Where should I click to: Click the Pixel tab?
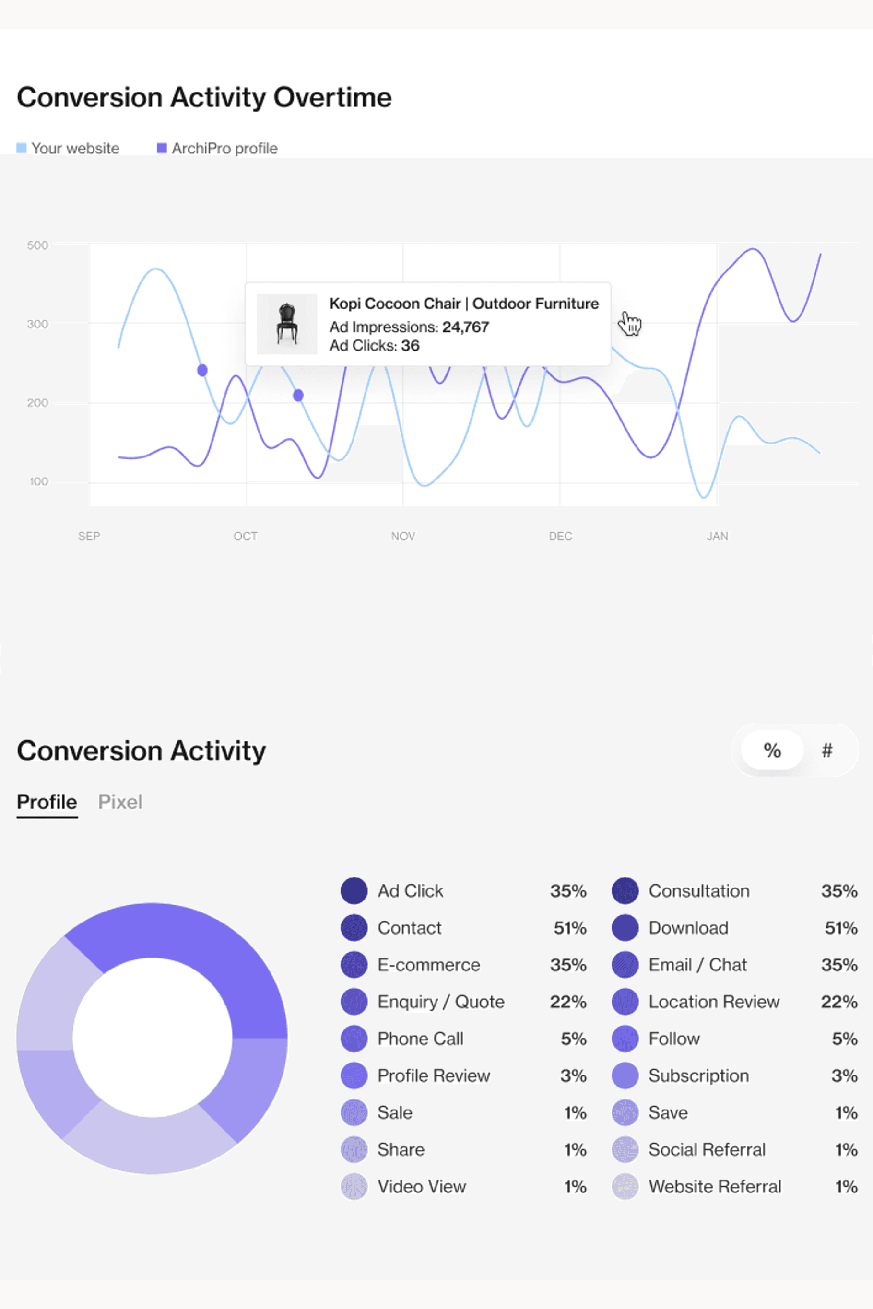click(x=120, y=802)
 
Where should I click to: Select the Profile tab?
click(x=47, y=802)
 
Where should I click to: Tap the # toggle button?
click(x=827, y=750)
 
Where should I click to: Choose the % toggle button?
click(x=772, y=750)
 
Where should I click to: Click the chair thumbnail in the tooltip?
click(x=287, y=324)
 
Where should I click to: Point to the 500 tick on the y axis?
click(x=37, y=245)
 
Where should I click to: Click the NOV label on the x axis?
click(x=403, y=536)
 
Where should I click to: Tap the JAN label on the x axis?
click(x=717, y=536)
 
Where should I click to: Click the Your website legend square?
click(x=21, y=148)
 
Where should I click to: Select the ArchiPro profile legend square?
click(x=162, y=148)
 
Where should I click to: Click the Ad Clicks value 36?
click(x=410, y=346)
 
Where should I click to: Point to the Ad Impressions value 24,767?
click(x=465, y=327)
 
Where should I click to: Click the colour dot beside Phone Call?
click(x=354, y=1039)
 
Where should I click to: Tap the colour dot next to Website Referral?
click(x=625, y=1187)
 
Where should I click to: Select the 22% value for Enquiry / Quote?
click(x=568, y=1002)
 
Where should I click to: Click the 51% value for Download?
click(x=841, y=928)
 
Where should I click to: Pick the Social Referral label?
click(x=707, y=1149)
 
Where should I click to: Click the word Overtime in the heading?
click(x=332, y=97)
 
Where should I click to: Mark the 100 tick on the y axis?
click(x=38, y=482)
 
